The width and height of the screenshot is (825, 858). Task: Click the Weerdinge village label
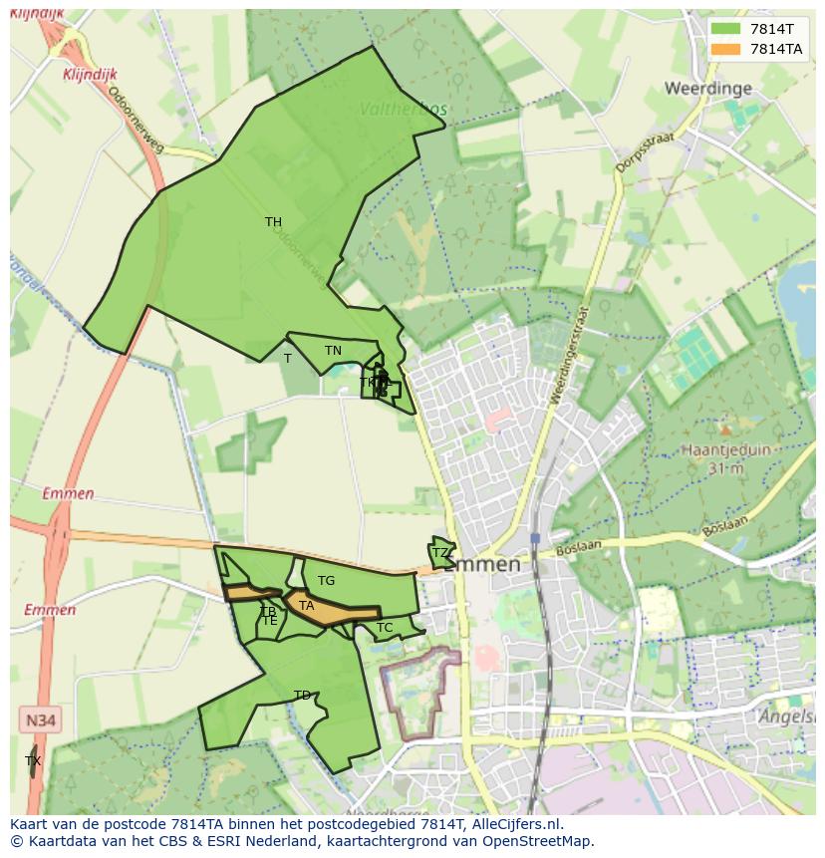coord(707,88)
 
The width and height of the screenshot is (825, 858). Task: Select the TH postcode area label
coord(273,222)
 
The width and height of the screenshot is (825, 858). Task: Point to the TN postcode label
coord(333,351)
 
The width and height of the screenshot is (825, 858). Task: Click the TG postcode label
coord(326,581)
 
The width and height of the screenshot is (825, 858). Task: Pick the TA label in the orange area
coord(307,606)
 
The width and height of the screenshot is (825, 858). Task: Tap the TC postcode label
coord(385,628)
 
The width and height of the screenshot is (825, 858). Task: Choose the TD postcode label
coord(302,696)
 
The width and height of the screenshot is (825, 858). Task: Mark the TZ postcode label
coord(439,553)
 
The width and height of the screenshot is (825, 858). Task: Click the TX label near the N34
coord(33,761)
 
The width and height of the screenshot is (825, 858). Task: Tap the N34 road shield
coord(40,719)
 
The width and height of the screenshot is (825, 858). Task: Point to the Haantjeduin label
coord(725,449)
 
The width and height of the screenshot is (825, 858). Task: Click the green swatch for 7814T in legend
coord(726,29)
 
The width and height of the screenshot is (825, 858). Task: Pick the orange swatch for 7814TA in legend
coord(726,49)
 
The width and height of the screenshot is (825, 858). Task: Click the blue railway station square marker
coord(535,538)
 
